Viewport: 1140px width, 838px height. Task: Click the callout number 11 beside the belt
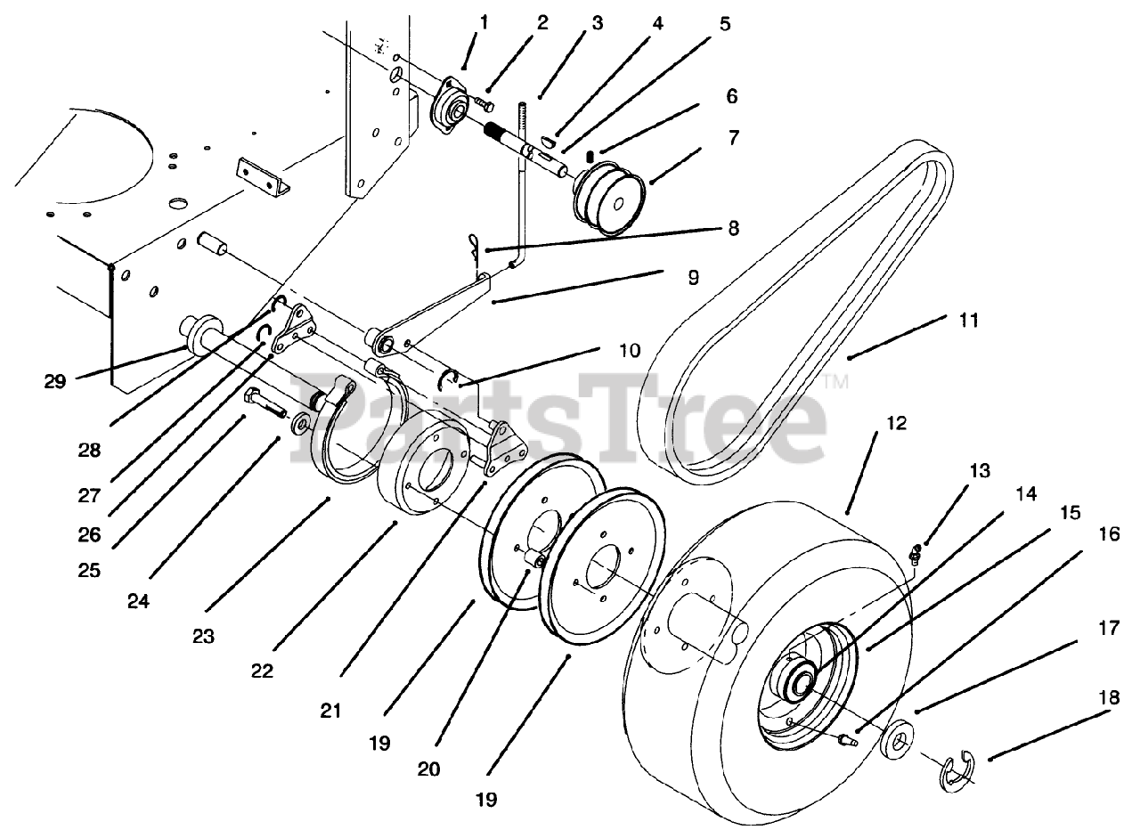[x=969, y=321]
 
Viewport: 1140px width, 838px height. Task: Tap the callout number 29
[x=54, y=381]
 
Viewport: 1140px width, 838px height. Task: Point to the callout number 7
[x=732, y=139]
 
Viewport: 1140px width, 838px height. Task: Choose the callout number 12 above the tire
[x=897, y=424]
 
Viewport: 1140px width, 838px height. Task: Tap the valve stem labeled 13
[x=914, y=557]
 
